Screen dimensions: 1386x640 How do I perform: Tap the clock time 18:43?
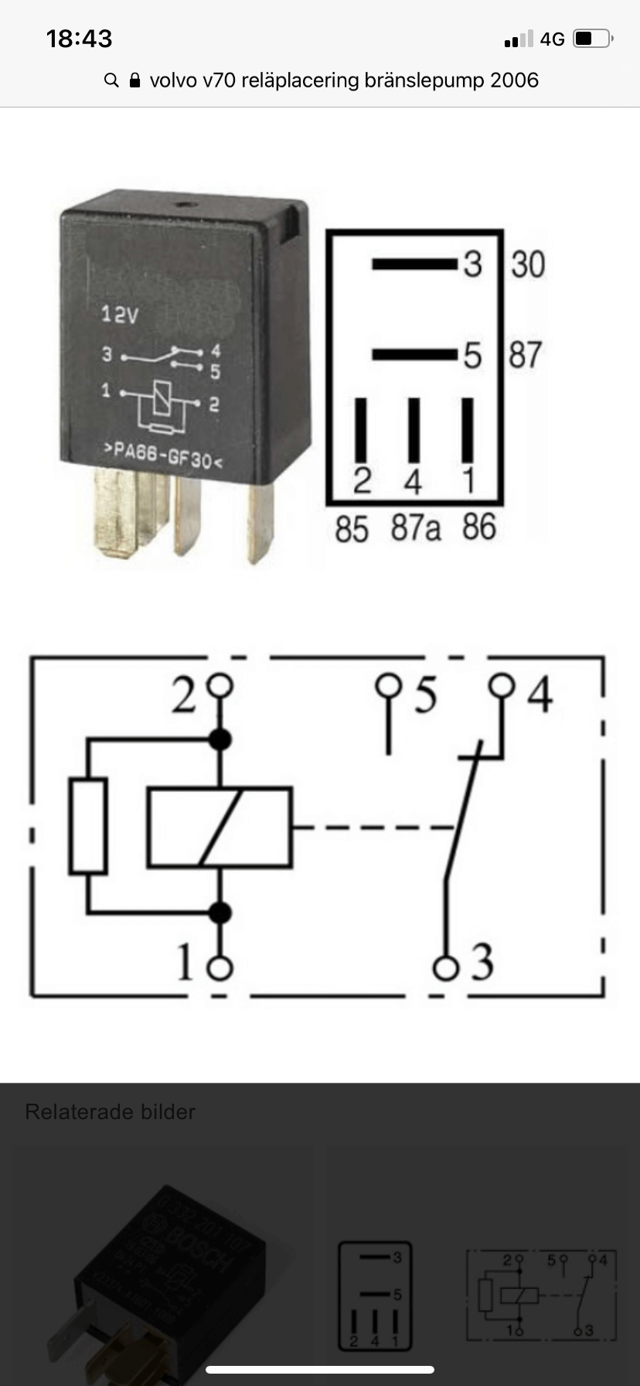pyautogui.click(x=79, y=39)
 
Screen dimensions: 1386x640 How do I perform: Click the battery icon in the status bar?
pyautogui.click(x=593, y=39)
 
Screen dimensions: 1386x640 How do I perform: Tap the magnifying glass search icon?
pyautogui.click(x=111, y=80)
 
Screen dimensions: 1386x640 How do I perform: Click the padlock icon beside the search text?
pyautogui.click(x=134, y=80)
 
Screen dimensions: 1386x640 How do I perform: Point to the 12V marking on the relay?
pyautogui.click(x=120, y=315)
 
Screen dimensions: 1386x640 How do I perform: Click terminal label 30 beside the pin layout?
pyautogui.click(x=528, y=265)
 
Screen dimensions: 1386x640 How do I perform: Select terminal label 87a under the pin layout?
pyautogui.click(x=415, y=528)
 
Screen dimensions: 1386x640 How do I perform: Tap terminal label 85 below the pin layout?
pyautogui.click(x=352, y=530)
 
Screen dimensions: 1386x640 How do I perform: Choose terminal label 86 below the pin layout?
pyautogui.click(x=478, y=527)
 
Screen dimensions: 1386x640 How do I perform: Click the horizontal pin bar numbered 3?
pyautogui.click(x=414, y=265)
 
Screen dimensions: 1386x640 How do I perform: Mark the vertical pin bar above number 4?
pyautogui.click(x=414, y=430)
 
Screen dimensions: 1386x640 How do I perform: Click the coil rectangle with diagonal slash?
pyautogui.click(x=220, y=827)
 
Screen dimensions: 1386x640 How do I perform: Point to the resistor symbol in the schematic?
pyautogui.click(x=88, y=827)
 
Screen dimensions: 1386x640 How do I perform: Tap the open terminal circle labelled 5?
pyautogui.click(x=388, y=686)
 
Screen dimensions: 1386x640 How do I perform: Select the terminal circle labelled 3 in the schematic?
pyautogui.click(x=445, y=968)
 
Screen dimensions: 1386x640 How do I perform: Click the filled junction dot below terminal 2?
pyautogui.click(x=221, y=739)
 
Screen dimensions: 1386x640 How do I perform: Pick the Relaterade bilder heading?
pyautogui.click(x=111, y=1111)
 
